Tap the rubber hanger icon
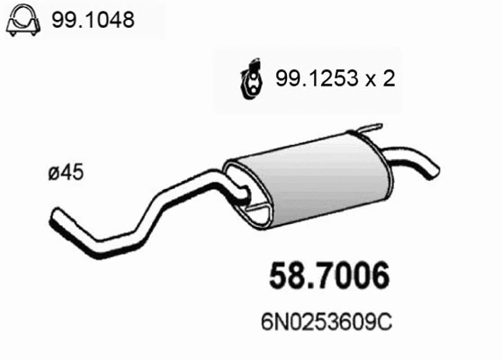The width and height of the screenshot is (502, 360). tap(250, 78)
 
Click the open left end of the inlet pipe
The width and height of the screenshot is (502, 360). tap(54, 219)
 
